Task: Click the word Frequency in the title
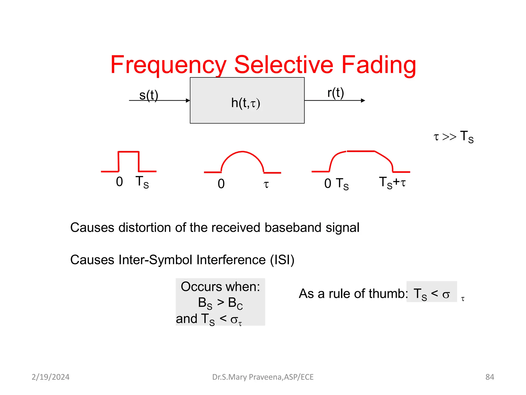pyautogui.click(x=168, y=65)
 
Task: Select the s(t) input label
pyautogui.click(x=149, y=95)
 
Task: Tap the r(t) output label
pyautogui.click(x=335, y=93)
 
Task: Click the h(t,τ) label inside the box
pyautogui.click(x=246, y=103)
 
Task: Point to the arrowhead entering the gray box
pyautogui.click(x=188, y=101)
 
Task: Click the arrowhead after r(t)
pyautogui.click(x=363, y=101)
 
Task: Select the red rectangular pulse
pyautogui.click(x=128, y=161)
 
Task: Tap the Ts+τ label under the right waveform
pyautogui.click(x=392, y=183)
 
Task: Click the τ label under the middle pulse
pyautogui.click(x=266, y=184)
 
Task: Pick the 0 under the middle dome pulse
pyautogui.click(x=221, y=184)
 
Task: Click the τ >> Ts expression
pyautogui.click(x=454, y=137)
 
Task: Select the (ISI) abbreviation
pyautogui.click(x=282, y=260)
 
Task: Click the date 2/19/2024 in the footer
pyautogui.click(x=51, y=377)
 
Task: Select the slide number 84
pyautogui.click(x=490, y=377)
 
